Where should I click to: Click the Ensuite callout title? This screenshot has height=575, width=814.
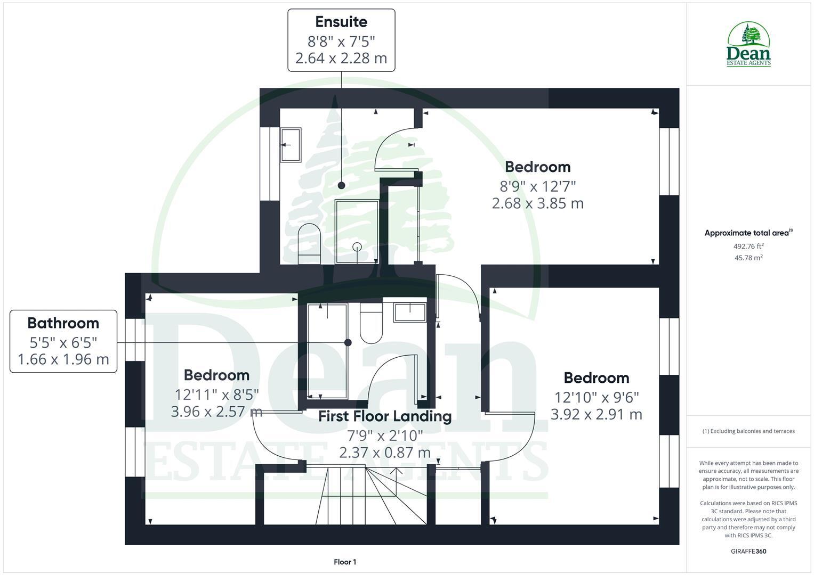[341, 22]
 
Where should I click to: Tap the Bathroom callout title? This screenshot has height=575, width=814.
[63, 323]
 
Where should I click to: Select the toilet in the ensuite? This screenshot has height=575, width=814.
[308, 242]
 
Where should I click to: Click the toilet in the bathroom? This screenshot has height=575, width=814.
[371, 324]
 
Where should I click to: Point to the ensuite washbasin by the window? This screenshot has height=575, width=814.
[291, 144]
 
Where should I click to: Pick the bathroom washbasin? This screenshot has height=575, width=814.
[409, 312]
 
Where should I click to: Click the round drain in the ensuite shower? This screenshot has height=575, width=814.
[357, 247]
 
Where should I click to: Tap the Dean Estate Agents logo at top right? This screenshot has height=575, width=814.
[748, 45]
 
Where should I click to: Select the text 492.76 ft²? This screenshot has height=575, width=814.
[748, 246]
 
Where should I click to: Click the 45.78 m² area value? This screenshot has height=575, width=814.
[748, 258]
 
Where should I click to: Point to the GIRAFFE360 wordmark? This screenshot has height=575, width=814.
[748, 551]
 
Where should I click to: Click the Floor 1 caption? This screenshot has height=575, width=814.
[345, 562]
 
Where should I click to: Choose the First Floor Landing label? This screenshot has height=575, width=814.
[385, 416]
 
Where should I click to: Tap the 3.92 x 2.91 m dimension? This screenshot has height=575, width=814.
[596, 414]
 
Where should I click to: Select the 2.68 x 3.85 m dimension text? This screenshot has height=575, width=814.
[537, 203]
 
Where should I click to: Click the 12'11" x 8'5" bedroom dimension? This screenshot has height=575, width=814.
[216, 394]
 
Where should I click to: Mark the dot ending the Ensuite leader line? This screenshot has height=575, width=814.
[341, 185]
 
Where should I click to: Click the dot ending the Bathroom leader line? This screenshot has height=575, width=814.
[348, 342]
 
